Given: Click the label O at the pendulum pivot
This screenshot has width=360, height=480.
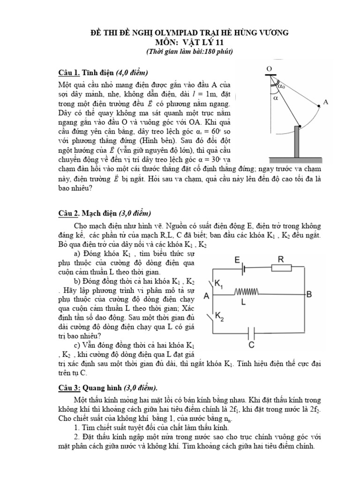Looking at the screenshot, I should (x=269, y=68).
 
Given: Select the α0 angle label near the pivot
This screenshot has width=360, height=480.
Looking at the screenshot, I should (x=281, y=86).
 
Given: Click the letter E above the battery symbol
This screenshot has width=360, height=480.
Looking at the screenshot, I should (x=237, y=259).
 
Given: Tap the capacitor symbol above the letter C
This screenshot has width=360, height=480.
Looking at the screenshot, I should (x=252, y=334).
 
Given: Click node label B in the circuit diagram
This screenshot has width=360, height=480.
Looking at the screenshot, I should (x=309, y=294).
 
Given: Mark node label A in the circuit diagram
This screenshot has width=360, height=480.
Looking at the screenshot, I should (x=207, y=296).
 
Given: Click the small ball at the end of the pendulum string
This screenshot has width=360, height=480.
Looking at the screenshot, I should (x=319, y=107).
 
